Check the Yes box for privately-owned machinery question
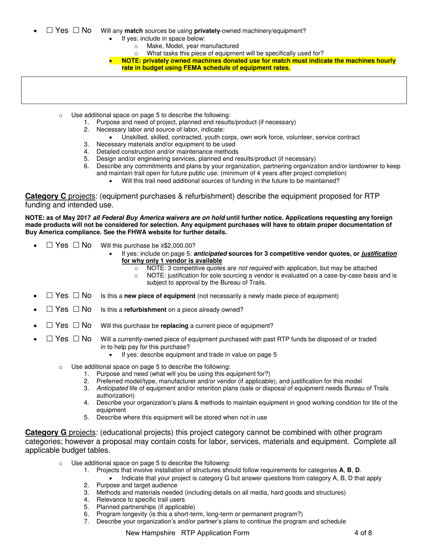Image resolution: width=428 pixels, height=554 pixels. pyautogui.click(x=50, y=31)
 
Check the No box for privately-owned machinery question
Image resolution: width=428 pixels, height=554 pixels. pyautogui.click(x=76, y=31)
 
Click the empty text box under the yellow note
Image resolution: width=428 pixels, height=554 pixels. pyautogui.click(x=214, y=90)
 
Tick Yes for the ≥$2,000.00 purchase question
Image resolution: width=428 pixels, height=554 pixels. pyautogui.click(x=50, y=245)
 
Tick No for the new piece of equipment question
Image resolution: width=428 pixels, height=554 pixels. pyautogui.click(x=76, y=296)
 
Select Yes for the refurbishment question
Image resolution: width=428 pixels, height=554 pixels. pyautogui.click(x=50, y=310)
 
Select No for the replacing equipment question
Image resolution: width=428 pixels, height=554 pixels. pyautogui.click(x=76, y=326)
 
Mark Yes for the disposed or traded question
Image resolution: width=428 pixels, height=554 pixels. pyautogui.click(x=50, y=339)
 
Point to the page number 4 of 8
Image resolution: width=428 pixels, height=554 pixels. pyautogui.click(x=363, y=533)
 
